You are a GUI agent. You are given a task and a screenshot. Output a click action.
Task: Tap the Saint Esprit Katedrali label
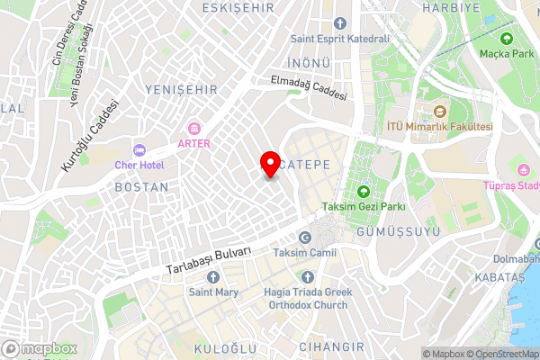pos(339,39)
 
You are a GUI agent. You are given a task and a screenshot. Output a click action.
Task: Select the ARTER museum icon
pos(193,127)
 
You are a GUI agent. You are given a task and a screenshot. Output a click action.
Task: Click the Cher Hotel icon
pos(139,150)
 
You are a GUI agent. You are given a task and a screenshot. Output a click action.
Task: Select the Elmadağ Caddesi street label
pos(309,89)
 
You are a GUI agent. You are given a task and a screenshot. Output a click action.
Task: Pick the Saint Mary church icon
pos(212,277)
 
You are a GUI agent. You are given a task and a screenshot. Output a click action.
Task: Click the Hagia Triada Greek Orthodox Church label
pos(305,298)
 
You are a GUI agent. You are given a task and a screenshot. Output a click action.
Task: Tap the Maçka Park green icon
pos(506,39)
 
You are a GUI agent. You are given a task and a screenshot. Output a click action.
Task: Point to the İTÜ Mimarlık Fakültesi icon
pos(439,112)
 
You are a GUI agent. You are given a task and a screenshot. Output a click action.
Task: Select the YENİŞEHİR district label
pos(179,89)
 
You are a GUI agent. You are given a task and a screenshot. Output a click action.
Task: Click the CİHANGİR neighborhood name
pos(332,346)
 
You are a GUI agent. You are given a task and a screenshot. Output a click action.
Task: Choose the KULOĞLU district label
pos(226,347)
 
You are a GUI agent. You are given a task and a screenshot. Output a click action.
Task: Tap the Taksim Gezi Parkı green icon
pos(364,191)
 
